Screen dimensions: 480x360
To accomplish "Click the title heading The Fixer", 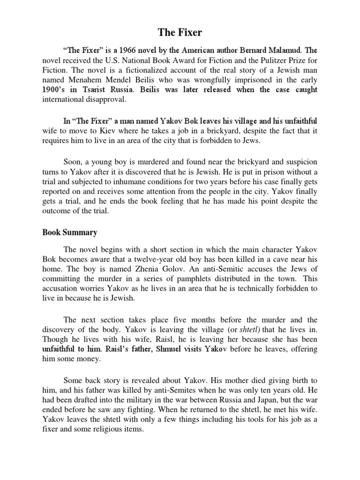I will click(x=180, y=32).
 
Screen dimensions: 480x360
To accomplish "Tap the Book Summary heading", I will click(x=70, y=232).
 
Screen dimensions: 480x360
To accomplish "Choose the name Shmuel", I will click(x=155, y=350).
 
